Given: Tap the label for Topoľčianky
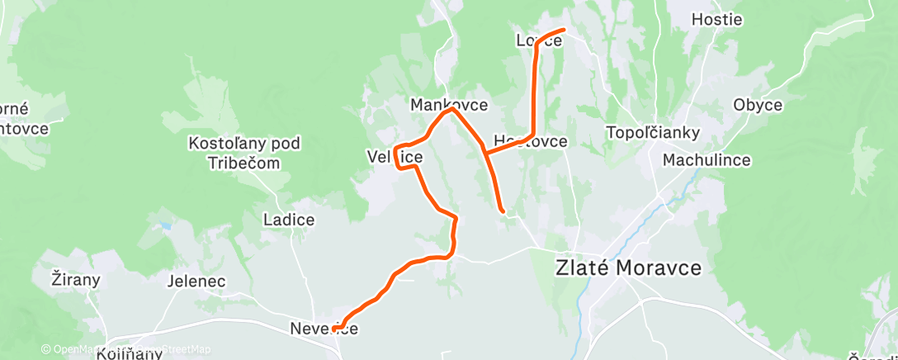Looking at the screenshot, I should pyautogui.click(x=652, y=132).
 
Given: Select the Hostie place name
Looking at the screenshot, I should pyautogui.click(x=716, y=19).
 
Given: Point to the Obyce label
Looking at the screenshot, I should pyautogui.click(x=758, y=105).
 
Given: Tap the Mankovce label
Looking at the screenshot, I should pyautogui.click(x=449, y=105).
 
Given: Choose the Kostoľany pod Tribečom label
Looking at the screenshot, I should pyautogui.click(x=244, y=153).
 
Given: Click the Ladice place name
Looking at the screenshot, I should pyautogui.click(x=288, y=220).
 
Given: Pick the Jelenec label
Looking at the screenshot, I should pyautogui.click(x=196, y=281).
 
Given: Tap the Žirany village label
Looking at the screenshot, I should pyautogui.click(x=75, y=279).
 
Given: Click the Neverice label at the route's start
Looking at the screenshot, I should pyautogui.click(x=324, y=329).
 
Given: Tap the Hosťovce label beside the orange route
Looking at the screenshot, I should pyautogui.click(x=530, y=141).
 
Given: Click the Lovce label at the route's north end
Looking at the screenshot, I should pyautogui.click(x=538, y=40).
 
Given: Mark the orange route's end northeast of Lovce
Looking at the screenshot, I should pyautogui.click(x=563, y=31).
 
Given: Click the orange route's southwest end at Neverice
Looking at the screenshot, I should pyautogui.click(x=334, y=329).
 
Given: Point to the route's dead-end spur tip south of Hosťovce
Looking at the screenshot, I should pyautogui.click(x=502, y=211).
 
